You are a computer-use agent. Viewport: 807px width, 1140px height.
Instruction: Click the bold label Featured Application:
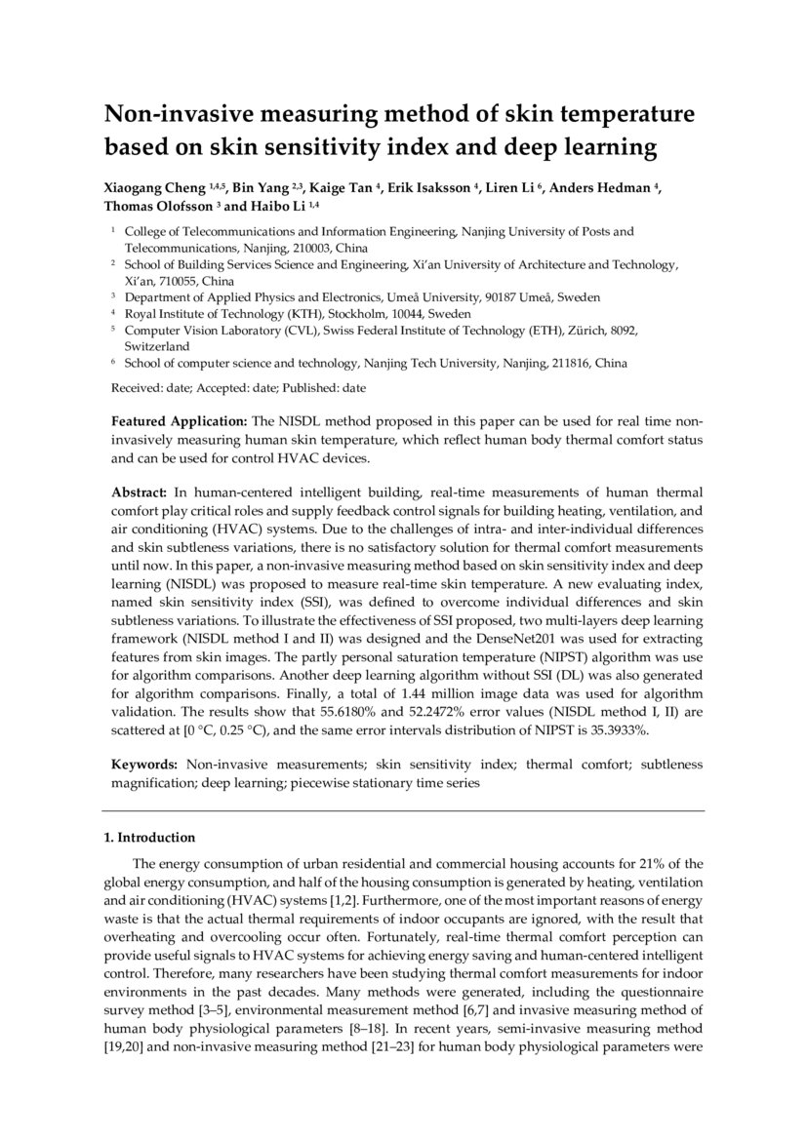(x=180, y=422)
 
